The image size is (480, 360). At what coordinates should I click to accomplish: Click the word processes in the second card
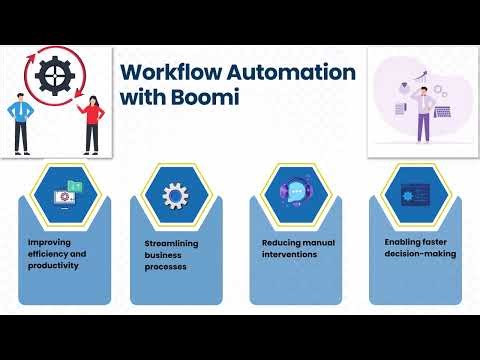(166, 268)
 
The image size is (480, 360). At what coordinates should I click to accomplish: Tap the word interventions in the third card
(290, 254)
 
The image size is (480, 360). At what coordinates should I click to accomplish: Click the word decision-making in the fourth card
(420, 253)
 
